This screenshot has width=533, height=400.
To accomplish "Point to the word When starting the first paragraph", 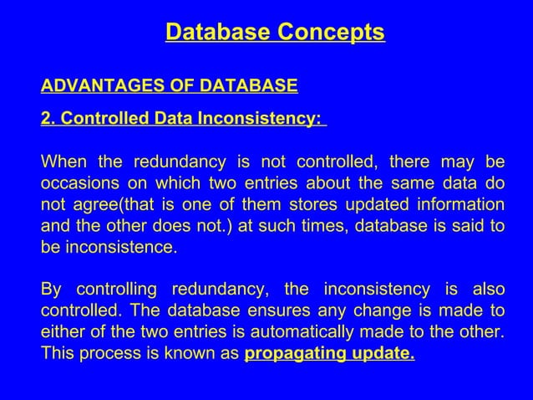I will coord(63,162).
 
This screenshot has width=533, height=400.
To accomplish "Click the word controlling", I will coord(117,290).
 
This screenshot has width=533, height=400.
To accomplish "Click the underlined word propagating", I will coord(291,354).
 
